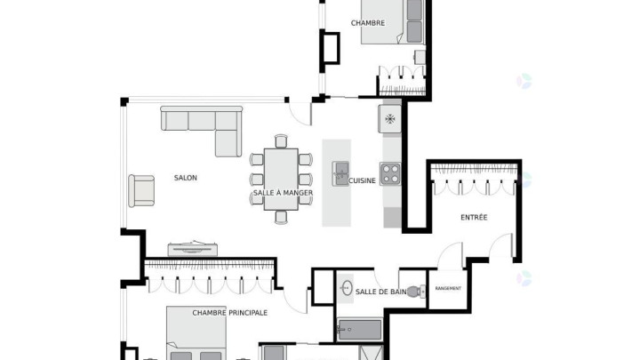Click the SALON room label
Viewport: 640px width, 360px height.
tap(185, 178)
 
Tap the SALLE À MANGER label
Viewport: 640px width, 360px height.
tap(283, 193)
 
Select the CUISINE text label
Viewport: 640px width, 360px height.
tap(362, 180)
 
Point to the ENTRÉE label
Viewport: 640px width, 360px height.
tap(474, 218)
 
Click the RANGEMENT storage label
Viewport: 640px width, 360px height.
tap(448, 289)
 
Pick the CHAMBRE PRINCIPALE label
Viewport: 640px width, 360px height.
tap(230, 313)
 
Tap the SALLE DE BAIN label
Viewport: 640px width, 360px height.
tap(380, 292)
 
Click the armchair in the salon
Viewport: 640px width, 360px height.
tap(141, 190)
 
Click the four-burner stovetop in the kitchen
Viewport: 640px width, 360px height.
tap(390, 174)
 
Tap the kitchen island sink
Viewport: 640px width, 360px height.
tap(340, 173)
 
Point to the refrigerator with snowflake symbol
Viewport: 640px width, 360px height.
tap(390, 119)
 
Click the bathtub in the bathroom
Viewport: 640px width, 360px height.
tap(359, 330)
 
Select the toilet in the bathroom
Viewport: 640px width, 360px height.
tap(416, 292)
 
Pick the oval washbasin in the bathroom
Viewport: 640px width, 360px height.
tap(347, 288)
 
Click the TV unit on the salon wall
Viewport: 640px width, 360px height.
tap(192, 249)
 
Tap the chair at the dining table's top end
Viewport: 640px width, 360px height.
tap(281, 141)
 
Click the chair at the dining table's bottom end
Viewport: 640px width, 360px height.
tap(281, 217)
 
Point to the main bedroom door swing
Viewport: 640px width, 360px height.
tap(296, 300)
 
